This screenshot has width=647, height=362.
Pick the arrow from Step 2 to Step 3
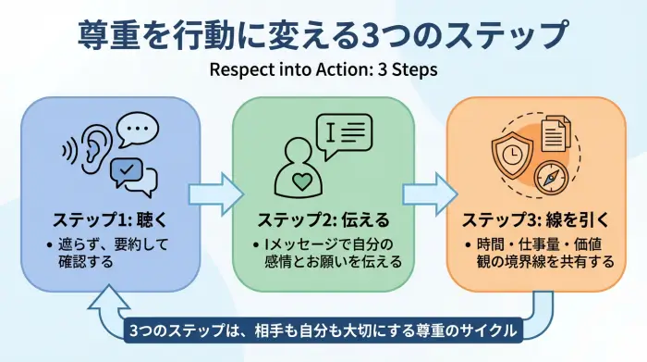[x=430, y=193]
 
